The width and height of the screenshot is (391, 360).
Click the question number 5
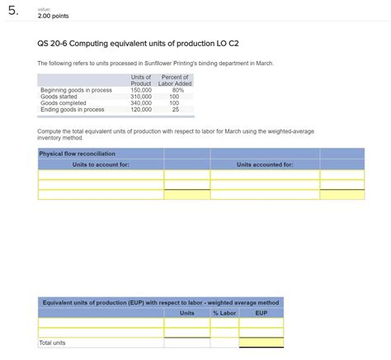(12, 12)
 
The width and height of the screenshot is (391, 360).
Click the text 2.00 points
(54, 17)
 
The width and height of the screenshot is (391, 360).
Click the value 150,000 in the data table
(141, 90)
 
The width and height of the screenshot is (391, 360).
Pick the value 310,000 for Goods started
(141, 97)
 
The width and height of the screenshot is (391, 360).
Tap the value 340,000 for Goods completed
(141, 103)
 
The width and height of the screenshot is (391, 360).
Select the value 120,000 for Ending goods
(141, 110)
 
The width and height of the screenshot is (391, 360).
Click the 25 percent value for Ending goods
(175, 110)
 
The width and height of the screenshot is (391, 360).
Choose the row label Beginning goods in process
(76, 90)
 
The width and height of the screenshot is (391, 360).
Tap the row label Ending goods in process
(73, 110)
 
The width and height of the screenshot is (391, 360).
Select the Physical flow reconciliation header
(78, 154)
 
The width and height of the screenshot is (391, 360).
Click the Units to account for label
(101, 164)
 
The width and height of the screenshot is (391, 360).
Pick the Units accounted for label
(265, 164)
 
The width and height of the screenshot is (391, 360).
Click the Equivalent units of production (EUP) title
(161, 302)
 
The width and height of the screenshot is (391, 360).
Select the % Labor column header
(224, 313)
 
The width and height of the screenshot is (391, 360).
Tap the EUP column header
(261, 313)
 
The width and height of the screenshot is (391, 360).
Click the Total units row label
(52, 342)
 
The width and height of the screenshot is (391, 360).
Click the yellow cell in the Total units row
(261, 342)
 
